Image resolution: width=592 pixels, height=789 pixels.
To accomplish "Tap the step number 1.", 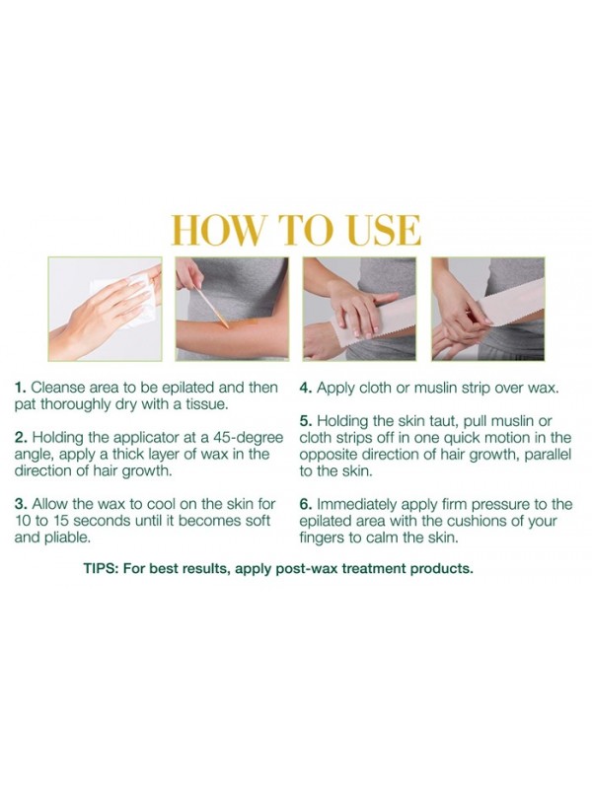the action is tap(20, 388).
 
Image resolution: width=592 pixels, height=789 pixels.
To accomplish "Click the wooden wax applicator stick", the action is tap(212, 307).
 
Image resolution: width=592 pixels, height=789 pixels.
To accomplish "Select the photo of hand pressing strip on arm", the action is tap(359, 309).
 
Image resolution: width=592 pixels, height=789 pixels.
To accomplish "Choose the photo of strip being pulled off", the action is tap(487, 309).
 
